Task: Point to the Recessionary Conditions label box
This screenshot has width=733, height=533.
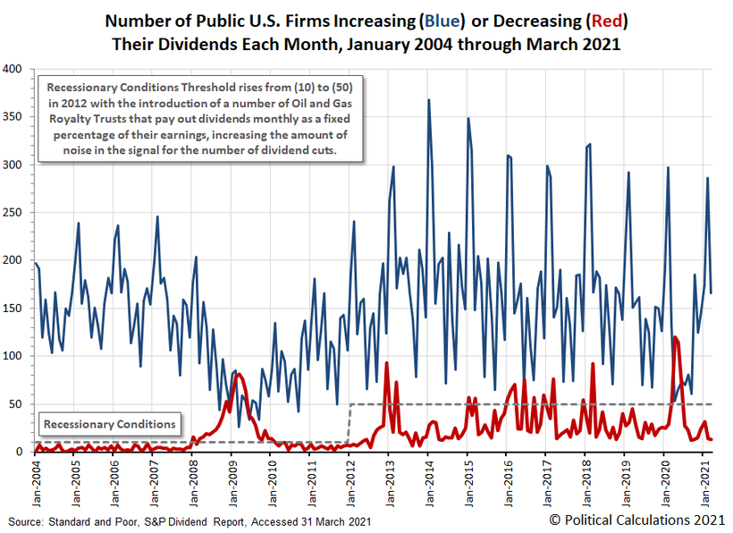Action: click(111, 423)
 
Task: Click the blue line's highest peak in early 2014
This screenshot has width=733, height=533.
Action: click(429, 100)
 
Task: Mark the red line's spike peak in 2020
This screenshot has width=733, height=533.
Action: click(674, 337)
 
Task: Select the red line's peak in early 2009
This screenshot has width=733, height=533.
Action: click(237, 374)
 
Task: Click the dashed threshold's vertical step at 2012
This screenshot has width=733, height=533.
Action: click(349, 423)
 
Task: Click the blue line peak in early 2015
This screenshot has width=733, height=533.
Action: click(468, 118)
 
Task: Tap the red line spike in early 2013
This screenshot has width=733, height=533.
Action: click(387, 363)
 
